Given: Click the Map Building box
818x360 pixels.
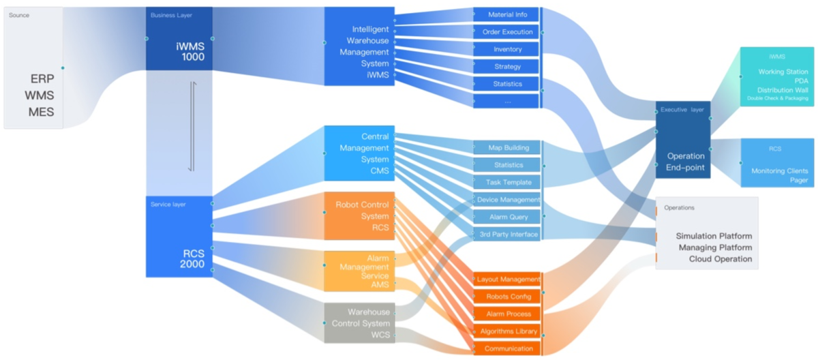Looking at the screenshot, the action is click(507, 147).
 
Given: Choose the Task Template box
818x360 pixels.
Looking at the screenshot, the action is click(507, 182).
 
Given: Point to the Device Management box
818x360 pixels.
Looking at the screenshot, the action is click(507, 199).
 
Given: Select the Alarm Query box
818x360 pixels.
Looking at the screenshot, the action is click(507, 217).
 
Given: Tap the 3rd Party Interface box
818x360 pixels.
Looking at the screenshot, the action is click(507, 234).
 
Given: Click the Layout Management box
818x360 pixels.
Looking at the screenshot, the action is click(507, 280).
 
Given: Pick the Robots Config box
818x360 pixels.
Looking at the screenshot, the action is click(507, 297).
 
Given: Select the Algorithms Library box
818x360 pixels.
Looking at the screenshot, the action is click(507, 331).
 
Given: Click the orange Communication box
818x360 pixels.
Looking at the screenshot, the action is click(507, 348).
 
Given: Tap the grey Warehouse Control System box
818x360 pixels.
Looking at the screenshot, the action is click(359, 322).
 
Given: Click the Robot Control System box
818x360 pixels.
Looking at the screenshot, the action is click(359, 215).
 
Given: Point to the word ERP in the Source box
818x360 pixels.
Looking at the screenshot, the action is click(42, 78).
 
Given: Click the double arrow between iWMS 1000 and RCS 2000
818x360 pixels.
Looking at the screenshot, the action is click(192, 126).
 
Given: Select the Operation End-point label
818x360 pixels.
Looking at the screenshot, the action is click(685, 162).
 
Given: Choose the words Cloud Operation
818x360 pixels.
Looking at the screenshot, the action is click(720, 259).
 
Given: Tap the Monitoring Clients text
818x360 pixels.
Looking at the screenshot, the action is click(780, 171).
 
